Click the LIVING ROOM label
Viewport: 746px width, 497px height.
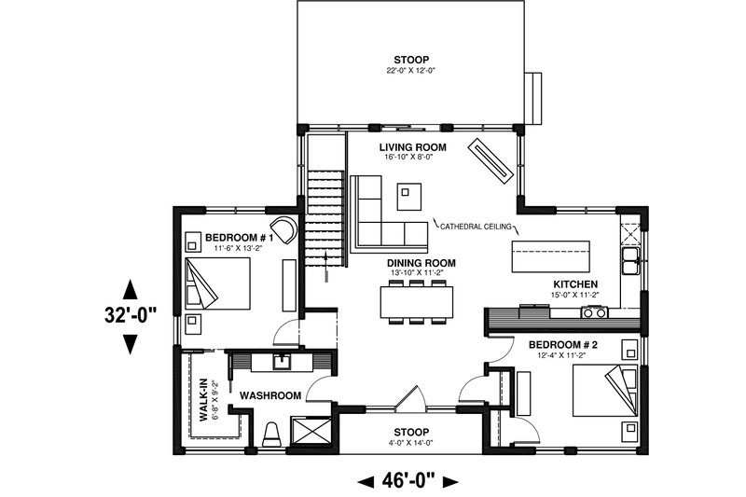(x=412, y=147)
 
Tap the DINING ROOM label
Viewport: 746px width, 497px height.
(x=421, y=263)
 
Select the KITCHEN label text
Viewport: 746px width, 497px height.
(x=574, y=284)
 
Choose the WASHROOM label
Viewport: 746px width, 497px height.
(x=270, y=395)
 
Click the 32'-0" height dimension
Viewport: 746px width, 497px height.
(x=130, y=315)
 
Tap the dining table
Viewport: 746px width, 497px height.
(x=417, y=301)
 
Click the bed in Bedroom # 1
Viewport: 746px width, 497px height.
(x=218, y=283)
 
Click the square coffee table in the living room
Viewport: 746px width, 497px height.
(x=408, y=197)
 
